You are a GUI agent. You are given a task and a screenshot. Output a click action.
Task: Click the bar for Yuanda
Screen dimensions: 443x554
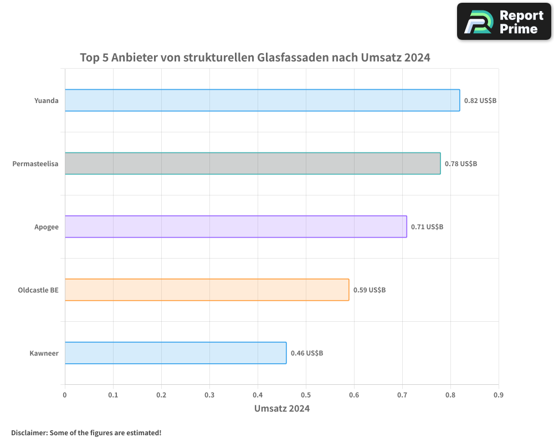point(262,100)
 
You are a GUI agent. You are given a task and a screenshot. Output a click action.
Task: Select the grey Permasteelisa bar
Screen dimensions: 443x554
point(253,163)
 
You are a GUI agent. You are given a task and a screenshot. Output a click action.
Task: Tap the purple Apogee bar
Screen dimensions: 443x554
point(235,226)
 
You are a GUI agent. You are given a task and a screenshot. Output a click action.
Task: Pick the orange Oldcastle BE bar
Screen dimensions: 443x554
point(207,290)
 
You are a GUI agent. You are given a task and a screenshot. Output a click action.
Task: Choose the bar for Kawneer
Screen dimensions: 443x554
point(176,353)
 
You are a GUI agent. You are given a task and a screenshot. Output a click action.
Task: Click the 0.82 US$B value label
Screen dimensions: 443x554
point(480,101)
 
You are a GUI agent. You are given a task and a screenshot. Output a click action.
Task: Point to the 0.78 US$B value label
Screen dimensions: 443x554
point(461,164)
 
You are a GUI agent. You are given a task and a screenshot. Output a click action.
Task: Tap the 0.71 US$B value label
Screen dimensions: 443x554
point(427,227)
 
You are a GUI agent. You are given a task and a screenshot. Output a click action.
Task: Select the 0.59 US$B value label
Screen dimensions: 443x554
point(370,290)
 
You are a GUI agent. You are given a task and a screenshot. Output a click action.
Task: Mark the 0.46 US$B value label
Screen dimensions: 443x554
point(307,353)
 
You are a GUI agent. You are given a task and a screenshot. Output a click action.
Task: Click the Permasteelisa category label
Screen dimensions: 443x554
point(35,164)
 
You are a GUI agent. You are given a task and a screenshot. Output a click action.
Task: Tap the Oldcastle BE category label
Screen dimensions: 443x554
point(38,290)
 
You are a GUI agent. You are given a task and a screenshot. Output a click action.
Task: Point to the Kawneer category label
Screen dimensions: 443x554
point(44,353)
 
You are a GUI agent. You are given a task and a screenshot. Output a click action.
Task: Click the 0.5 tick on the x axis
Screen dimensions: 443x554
point(306,395)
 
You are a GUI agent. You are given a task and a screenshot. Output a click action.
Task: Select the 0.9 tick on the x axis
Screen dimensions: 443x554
point(499,395)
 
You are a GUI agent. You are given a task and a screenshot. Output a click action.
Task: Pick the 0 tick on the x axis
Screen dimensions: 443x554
point(65,395)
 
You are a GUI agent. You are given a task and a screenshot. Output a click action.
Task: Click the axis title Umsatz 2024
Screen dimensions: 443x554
point(282,409)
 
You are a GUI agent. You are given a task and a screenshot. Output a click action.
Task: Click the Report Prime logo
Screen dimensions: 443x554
point(505,22)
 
